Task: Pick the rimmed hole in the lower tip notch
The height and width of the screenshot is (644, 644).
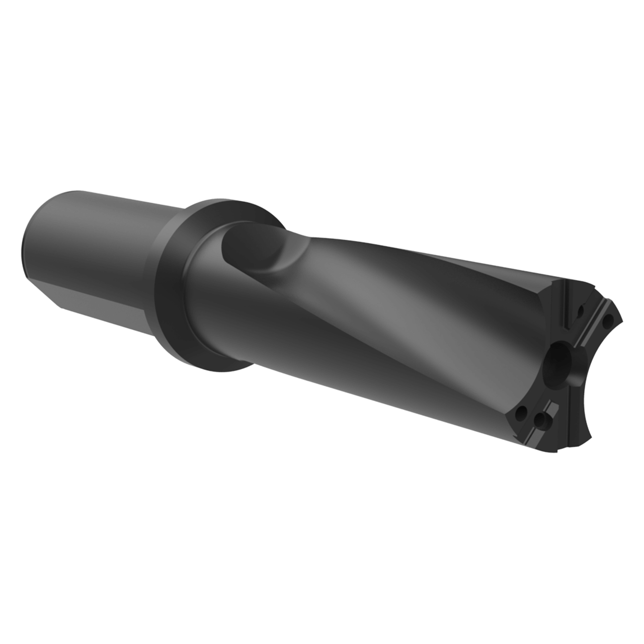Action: pyautogui.click(x=541, y=419)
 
